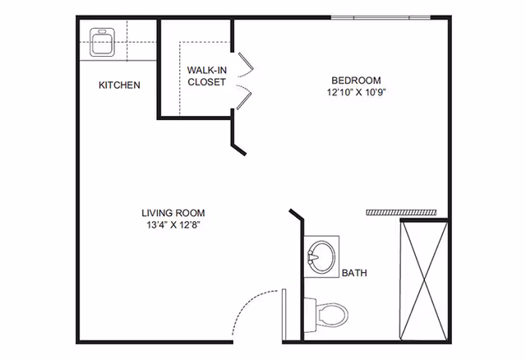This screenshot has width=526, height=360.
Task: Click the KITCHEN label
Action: [x=119, y=85]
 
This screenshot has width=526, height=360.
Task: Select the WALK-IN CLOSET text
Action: [x=206, y=76]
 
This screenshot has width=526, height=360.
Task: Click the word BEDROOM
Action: [x=356, y=80]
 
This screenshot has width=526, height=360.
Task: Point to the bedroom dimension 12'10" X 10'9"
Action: [x=356, y=92]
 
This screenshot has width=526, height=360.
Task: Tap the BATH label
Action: [x=354, y=273]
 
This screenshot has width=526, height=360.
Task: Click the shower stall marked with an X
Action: [x=424, y=279]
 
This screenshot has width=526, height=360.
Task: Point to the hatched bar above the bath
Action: [x=401, y=212]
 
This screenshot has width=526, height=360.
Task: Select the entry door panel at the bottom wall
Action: [x=283, y=312]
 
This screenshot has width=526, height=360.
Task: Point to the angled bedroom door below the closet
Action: [x=239, y=149]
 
